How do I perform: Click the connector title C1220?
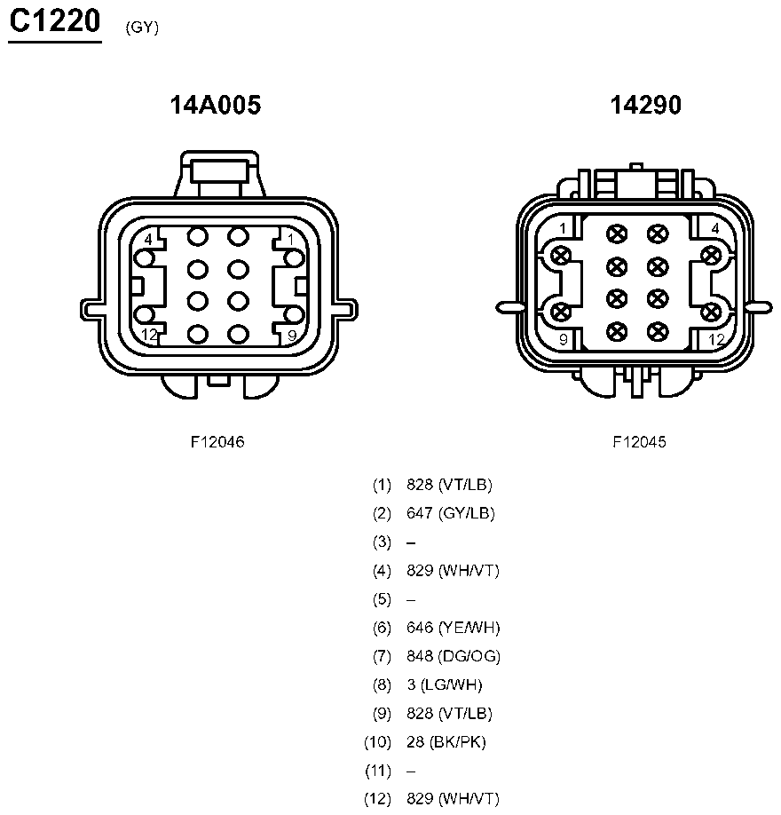coord(54,21)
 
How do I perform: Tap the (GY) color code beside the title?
coord(142,27)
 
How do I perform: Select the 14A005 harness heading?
coord(215,105)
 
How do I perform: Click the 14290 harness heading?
coord(645,105)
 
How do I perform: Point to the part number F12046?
coord(217,442)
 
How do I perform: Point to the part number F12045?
coord(639,442)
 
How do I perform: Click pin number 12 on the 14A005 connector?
coord(149,335)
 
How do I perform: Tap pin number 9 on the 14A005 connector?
coord(292,336)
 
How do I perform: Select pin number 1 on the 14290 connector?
coord(563,228)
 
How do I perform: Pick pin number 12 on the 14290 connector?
coord(716,340)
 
